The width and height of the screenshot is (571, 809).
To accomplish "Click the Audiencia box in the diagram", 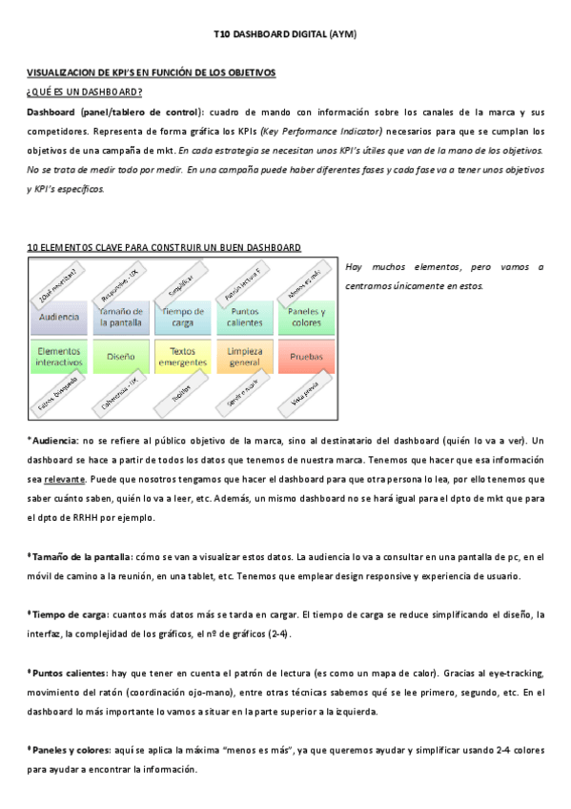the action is pos(59,317).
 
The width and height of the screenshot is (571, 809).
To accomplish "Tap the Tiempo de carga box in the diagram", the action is pos(183,317).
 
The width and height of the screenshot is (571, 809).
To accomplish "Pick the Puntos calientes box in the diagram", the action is pos(245,317).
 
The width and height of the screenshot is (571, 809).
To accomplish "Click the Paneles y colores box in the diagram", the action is pos(307,317).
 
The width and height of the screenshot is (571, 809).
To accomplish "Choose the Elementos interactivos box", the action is pos(59,357).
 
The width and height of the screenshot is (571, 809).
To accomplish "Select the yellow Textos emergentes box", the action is pos(183,357).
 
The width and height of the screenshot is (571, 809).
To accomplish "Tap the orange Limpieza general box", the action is pos(245,357).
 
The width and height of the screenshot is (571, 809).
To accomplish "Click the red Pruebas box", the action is pos(307,357).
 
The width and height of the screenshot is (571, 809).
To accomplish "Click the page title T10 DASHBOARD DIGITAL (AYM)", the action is pos(285,33).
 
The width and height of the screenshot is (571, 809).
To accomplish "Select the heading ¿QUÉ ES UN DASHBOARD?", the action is pos(85,92).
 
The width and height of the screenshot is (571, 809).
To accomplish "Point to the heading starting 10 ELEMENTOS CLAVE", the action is pos(164,247).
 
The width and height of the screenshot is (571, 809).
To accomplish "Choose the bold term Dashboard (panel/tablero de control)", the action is pos(115,111).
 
